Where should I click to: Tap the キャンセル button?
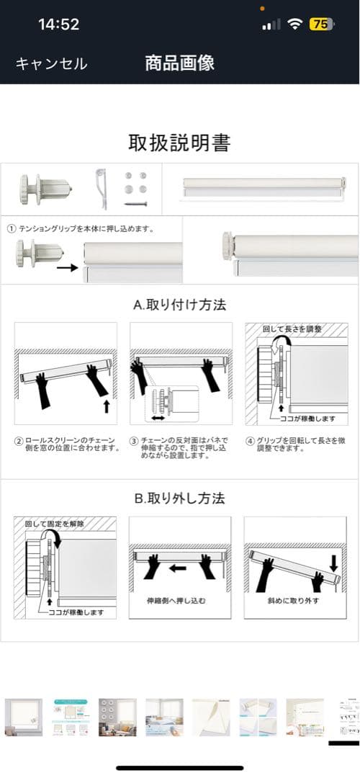(51, 63)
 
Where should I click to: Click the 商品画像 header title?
(179, 63)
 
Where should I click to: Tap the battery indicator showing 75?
(321, 24)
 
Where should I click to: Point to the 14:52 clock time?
(58, 24)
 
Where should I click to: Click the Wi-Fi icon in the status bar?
(294, 24)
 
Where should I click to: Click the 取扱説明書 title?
(179, 143)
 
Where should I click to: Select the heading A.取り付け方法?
(179, 304)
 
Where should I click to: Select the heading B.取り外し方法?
(179, 498)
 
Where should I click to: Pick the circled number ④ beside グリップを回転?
(250, 439)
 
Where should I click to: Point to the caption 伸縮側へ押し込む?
(180, 600)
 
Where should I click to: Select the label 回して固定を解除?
(55, 523)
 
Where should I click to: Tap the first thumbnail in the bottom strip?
(24, 716)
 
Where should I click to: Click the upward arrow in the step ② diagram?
(107, 406)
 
